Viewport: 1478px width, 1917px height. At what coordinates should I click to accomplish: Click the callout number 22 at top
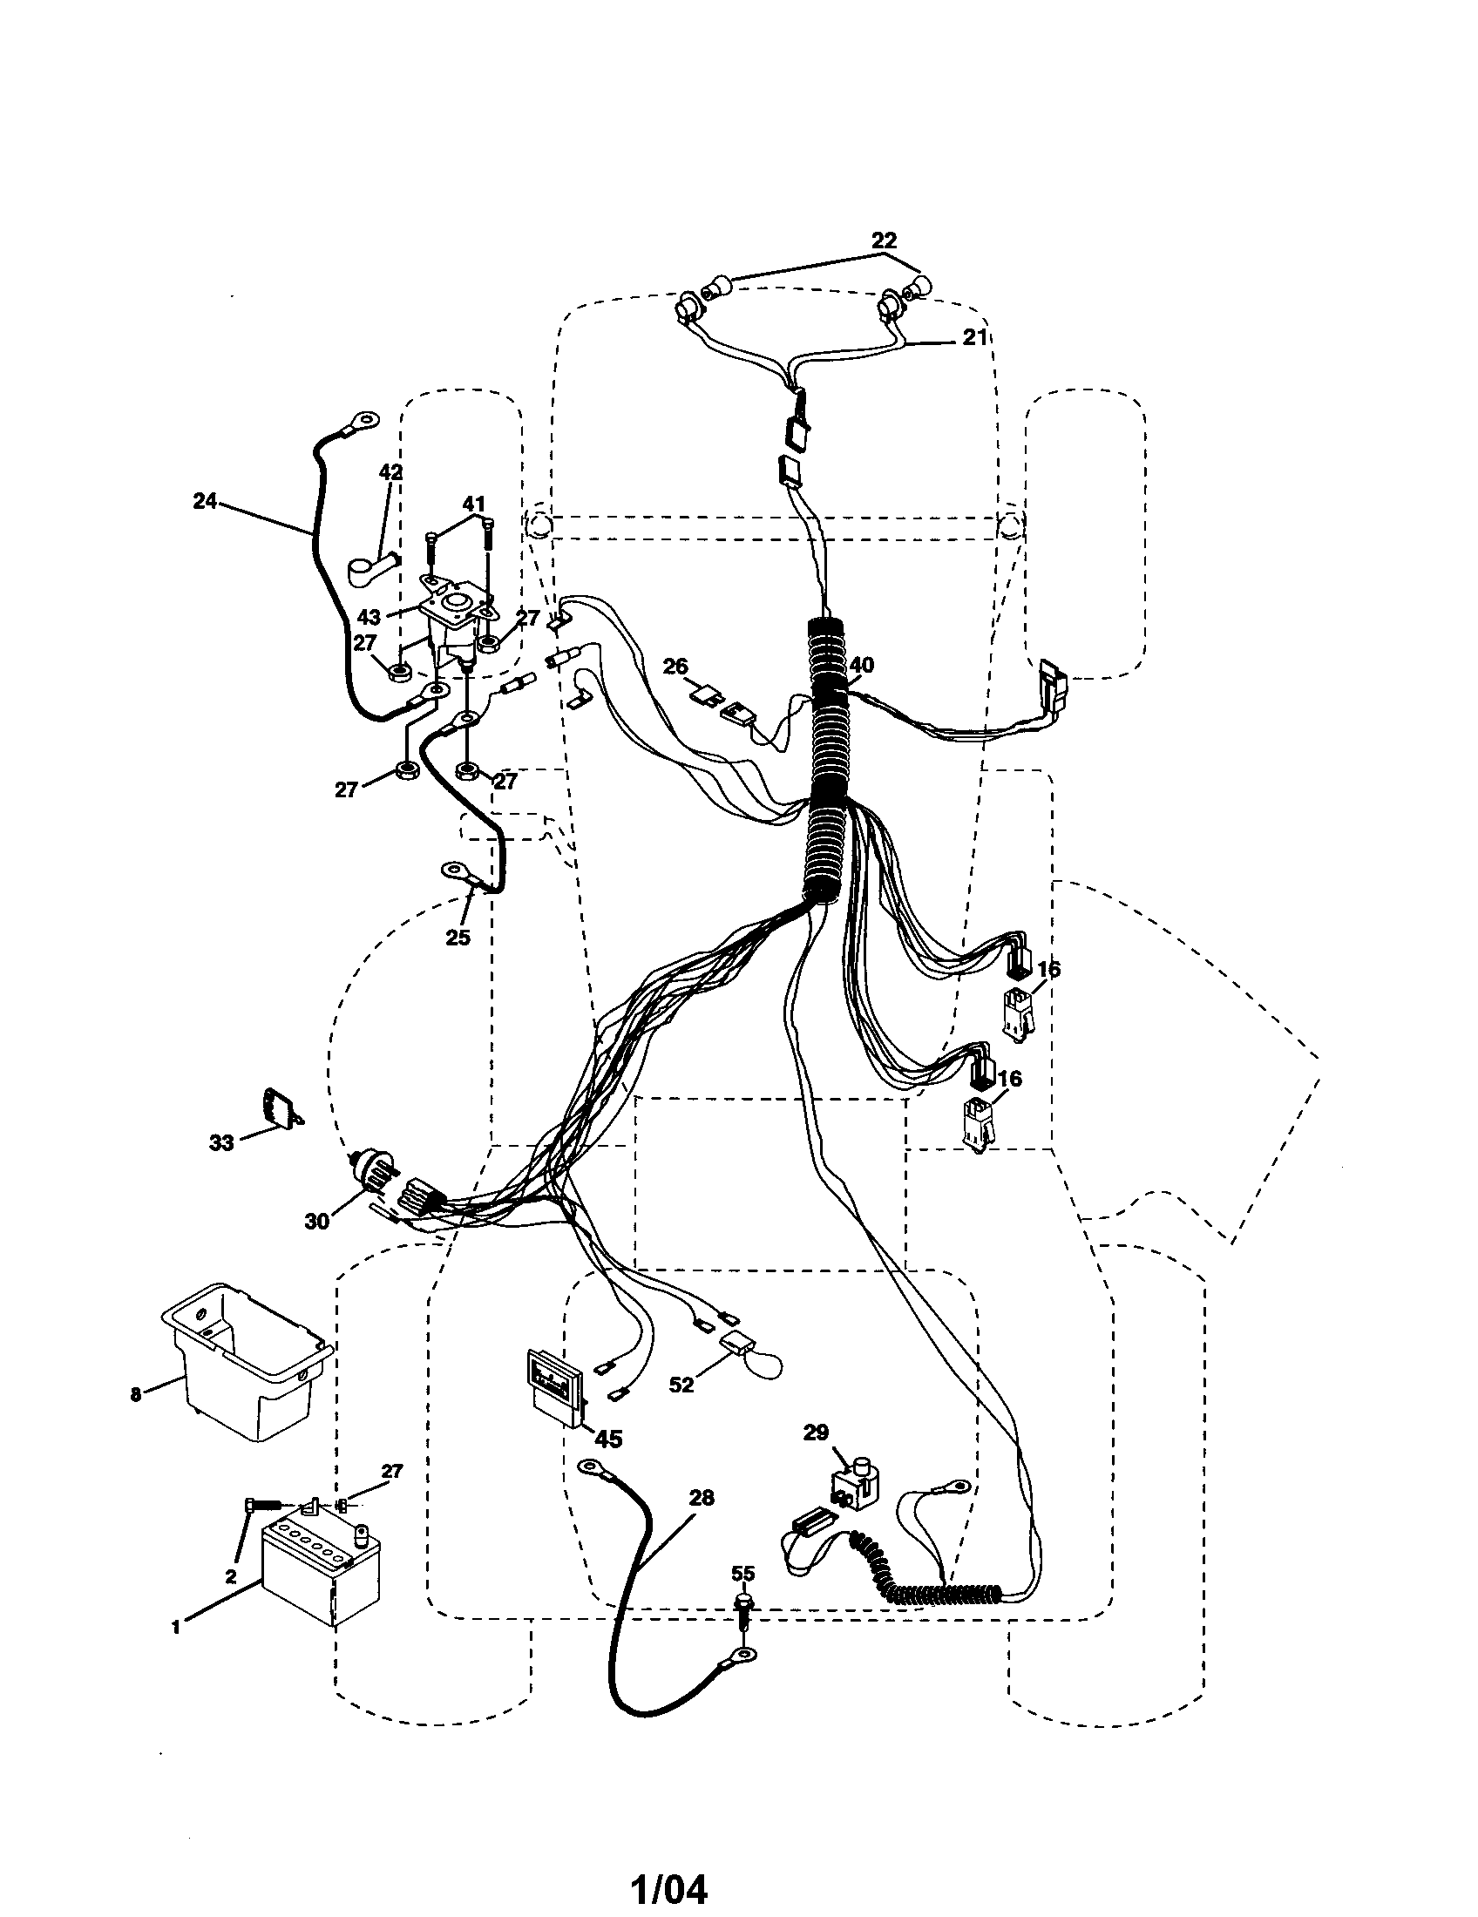(884, 240)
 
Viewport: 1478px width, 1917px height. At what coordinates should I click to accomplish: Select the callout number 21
(975, 337)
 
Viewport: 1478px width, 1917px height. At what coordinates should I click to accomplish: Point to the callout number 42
(390, 471)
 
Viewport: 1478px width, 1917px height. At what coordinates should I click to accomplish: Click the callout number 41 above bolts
(473, 504)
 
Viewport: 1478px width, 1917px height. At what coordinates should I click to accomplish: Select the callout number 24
(205, 501)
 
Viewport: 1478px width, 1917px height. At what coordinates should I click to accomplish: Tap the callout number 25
(458, 937)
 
